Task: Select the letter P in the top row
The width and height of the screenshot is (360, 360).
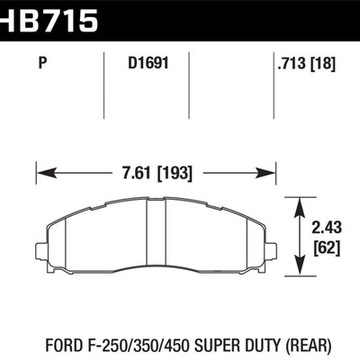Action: [44, 64]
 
